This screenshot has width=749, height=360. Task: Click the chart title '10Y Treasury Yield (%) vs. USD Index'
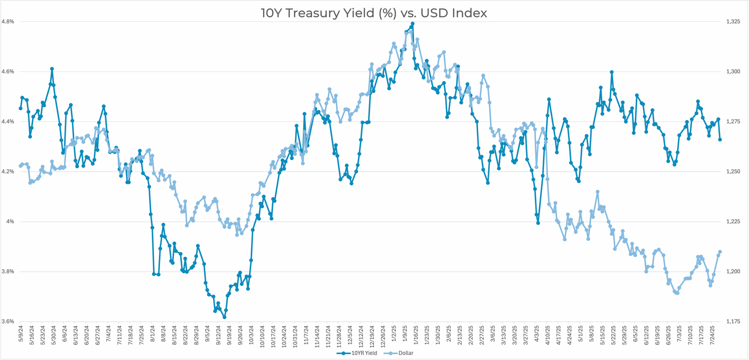[x=374, y=13]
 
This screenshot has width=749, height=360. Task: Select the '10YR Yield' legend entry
[x=364, y=353]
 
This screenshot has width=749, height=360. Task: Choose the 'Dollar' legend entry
[x=406, y=353]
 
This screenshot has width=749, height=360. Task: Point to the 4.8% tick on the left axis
[x=8, y=22]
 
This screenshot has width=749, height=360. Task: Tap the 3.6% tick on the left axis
[x=8, y=322]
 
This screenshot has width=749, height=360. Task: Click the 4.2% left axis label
[x=8, y=172]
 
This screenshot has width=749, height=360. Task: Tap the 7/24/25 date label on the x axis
[x=712, y=335]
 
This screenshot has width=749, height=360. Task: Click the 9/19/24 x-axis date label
[x=229, y=335]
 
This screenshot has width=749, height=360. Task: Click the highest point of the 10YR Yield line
[x=413, y=24]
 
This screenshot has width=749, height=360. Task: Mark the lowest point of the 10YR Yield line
[x=224, y=317]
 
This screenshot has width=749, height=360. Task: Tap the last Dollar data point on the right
[x=720, y=252]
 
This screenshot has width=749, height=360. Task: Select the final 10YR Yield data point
[x=720, y=140]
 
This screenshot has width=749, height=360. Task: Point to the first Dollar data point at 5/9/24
[x=20, y=166]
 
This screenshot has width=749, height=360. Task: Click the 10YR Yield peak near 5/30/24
[x=52, y=69]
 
